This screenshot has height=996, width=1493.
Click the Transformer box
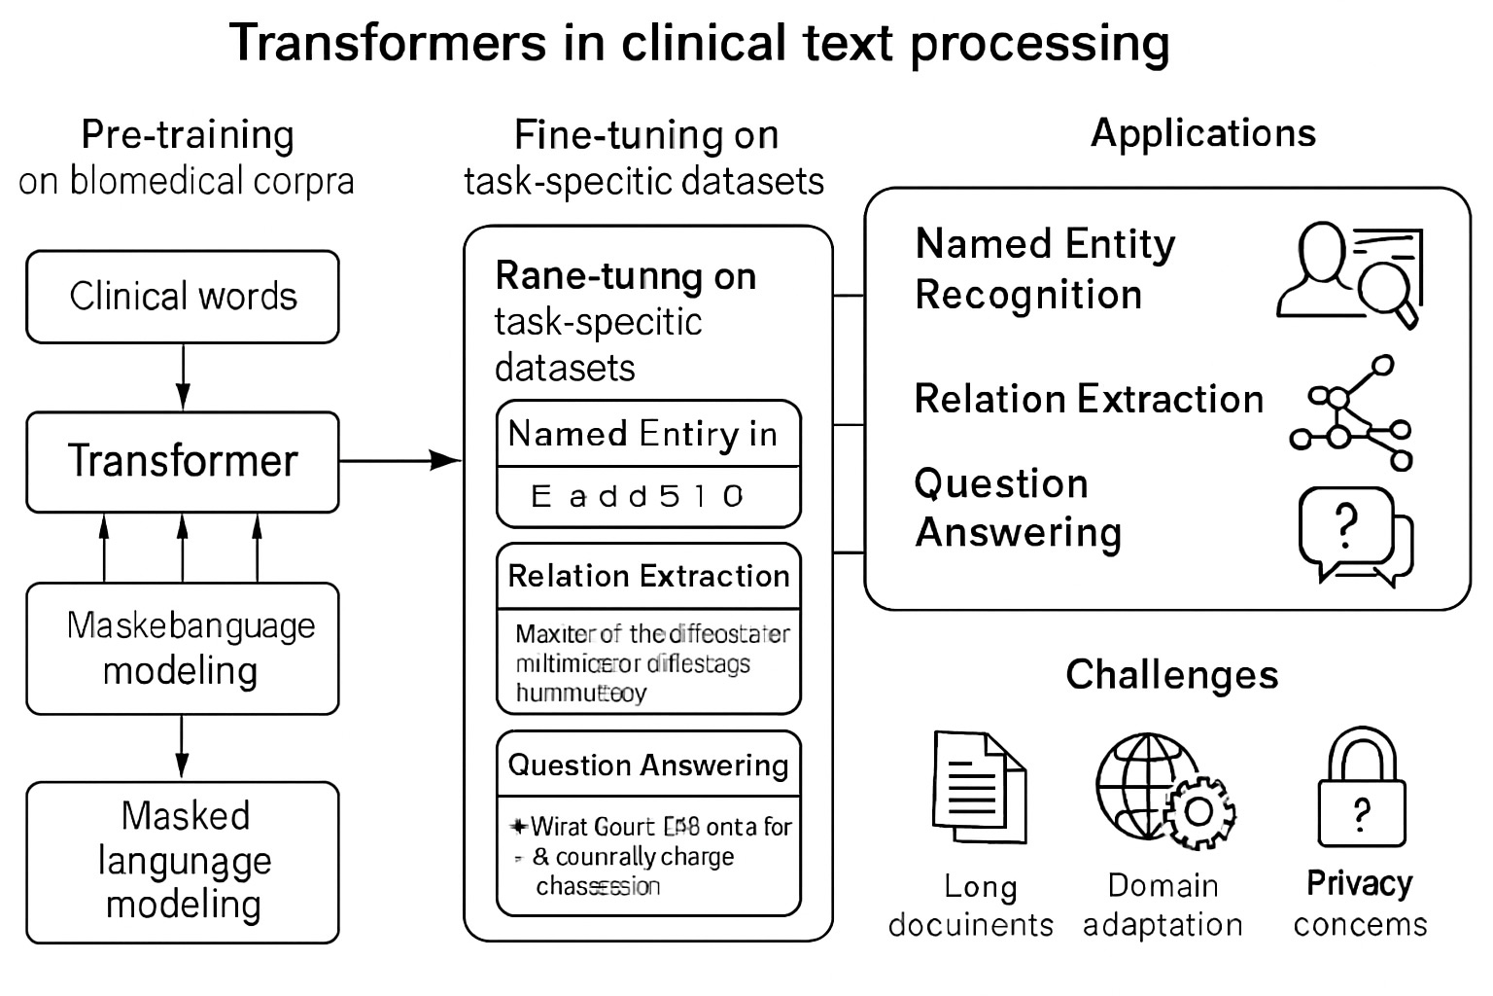click(x=183, y=462)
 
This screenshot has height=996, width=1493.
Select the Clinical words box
click(x=183, y=297)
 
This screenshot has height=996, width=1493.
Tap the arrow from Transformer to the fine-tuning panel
click(x=400, y=460)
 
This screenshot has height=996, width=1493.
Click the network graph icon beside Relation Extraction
click(x=1352, y=414)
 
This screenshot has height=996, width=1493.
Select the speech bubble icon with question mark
click(x=1354, y=534)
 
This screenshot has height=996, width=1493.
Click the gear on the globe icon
click(x=1199, y=812)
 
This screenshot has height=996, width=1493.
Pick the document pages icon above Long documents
click(x=979, y=787)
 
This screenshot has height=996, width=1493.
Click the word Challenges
click(x=1171, y=674)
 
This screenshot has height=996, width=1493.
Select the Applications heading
click(x=1202, y=133)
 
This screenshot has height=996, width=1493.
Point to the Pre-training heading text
click(x=188, y=134)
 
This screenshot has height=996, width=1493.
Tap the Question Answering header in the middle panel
click(x=648, y=765)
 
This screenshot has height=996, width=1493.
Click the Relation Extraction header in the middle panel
click(x=648, y=576)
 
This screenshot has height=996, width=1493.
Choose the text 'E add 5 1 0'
click(x=638, y=497)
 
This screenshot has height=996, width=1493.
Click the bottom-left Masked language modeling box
click(x=183, y=862)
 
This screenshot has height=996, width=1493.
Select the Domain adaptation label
click(x=1163, y=905)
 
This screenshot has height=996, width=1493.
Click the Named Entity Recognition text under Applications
click(x=1045, y=268)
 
